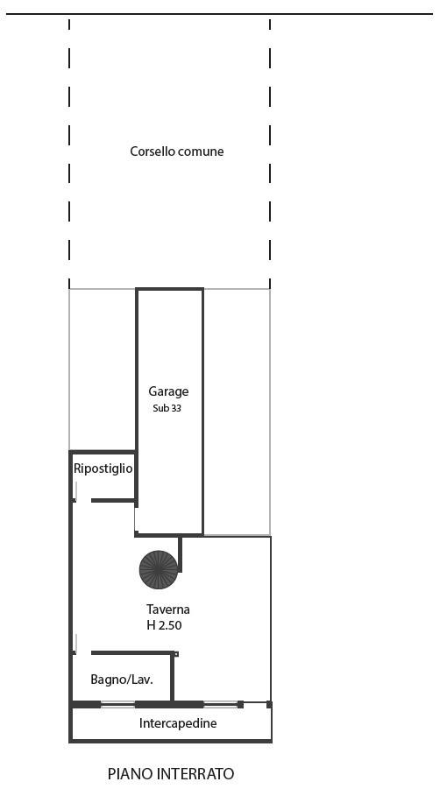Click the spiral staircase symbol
(159, 569)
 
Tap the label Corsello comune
(177, 151)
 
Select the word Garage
(168, 391)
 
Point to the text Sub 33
(167, 409)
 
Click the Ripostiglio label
(103, 468)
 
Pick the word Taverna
(168, 609)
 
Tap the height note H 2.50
(164, 625)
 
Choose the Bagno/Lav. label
(122, 680)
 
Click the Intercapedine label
(178, 723)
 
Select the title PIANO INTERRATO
(171, 774)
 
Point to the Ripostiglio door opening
(83, 500)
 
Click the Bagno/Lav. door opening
(83, 652)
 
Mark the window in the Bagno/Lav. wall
(118, 705)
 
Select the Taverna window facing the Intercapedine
(220, 705)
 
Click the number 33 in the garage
(176, 409)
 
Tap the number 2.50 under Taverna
(170, 625)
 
